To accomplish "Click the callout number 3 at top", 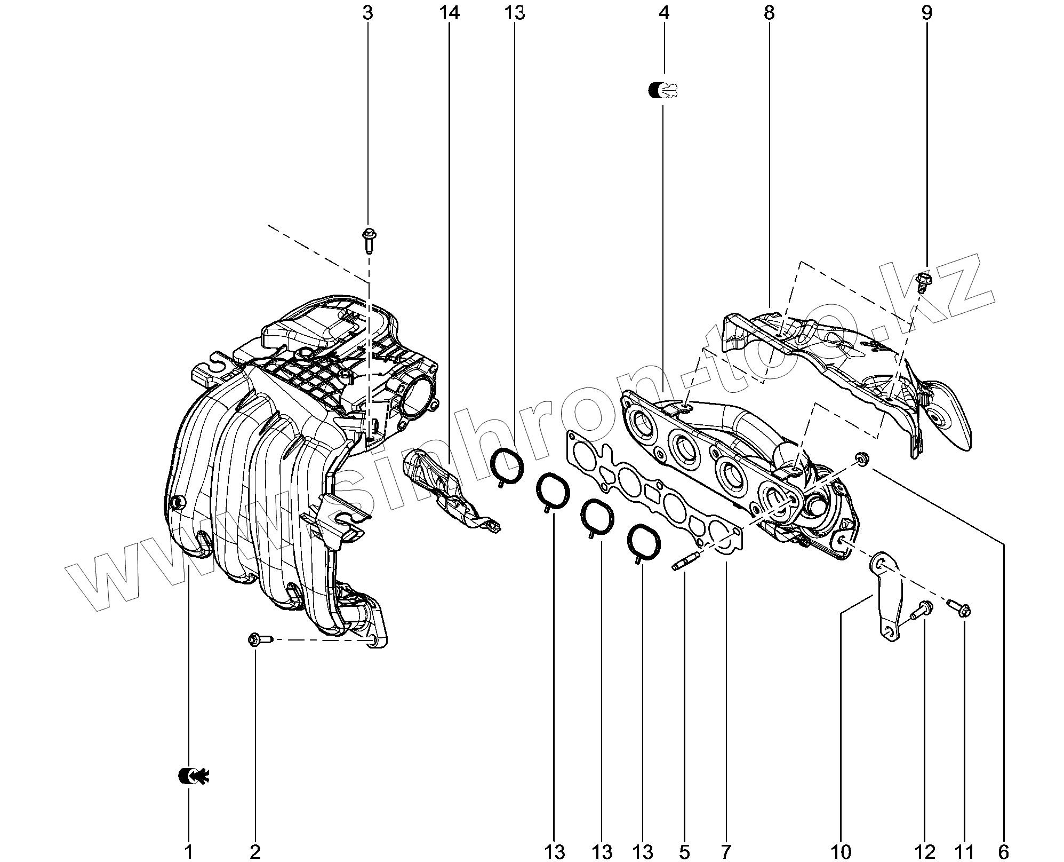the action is click(x=367, y=13).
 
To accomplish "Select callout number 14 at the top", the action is click(x=449, y=13).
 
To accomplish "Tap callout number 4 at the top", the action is click(x=663, y=13).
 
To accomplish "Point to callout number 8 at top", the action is click(x=769, y=13).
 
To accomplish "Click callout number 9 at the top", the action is click(x=926, y=13).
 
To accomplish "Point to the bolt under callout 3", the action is click(x=369, y=241).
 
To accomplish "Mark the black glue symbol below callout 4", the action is click(x=665, y=90).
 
